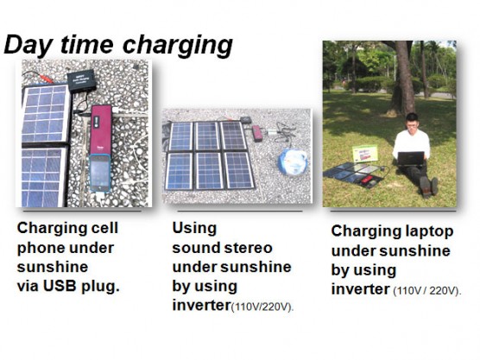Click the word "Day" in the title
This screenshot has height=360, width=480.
(28, 45)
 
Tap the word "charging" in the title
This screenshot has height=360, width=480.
(178, 45)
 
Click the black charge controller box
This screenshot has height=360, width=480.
(82, 81)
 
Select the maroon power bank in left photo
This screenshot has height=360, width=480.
(101, 130)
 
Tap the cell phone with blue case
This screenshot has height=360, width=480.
(100, 174)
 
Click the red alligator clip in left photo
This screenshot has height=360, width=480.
(47, 79)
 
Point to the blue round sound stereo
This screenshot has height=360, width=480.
(293, 161)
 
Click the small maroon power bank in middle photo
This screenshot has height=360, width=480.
(257, 134)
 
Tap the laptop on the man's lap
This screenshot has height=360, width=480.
(411, 159)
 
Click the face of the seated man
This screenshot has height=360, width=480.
(412, 123)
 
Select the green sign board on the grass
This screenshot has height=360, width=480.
(364, 154)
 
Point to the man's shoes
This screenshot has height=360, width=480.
(428, 186)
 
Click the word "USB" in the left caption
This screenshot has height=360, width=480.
(60, 286)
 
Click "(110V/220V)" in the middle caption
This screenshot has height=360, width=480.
(262, 306)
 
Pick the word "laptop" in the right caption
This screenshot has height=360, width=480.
(429, 232)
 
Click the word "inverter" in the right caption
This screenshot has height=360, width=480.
(361, 289)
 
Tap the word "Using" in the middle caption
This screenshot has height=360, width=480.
(194, 229)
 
